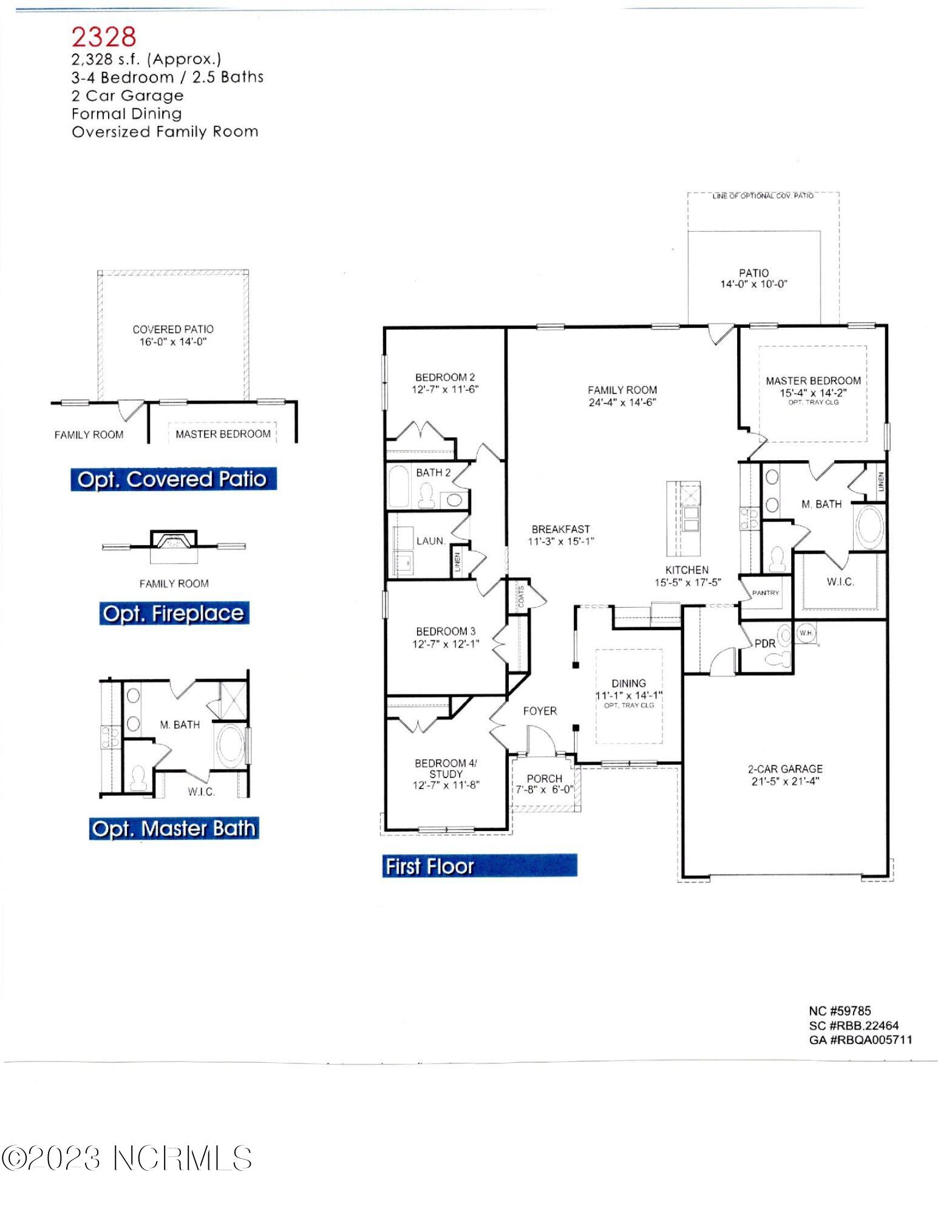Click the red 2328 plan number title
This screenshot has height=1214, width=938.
click(104, 37)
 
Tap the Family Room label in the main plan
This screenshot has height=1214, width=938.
click(622, 390)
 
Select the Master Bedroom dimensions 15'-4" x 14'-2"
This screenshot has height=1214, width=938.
click(813, 393)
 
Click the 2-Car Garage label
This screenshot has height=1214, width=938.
click(785, 768)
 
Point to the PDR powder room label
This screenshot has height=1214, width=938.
click(764, 643)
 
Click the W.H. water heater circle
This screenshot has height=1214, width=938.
click(806, 634)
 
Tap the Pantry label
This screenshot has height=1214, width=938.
click(765, 592)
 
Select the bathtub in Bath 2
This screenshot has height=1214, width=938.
click(399, 486)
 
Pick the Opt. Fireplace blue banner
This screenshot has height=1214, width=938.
click(174, 614)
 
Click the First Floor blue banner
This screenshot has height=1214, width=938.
click(480, 866)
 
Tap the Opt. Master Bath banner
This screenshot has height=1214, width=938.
click(174, 829)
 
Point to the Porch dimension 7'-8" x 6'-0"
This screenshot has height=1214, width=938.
click(545, 790)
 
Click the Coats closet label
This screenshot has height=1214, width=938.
click(521, 597)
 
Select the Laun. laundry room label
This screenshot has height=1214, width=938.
click(430, 541)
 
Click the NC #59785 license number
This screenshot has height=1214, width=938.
click(840, 1011)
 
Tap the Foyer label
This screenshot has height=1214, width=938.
click(540, 711)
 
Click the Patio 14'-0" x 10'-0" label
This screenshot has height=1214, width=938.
click(753, 279)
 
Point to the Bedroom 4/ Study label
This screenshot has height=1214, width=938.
click(446, 768)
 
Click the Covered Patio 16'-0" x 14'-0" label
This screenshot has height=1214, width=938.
click(173, 335)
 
